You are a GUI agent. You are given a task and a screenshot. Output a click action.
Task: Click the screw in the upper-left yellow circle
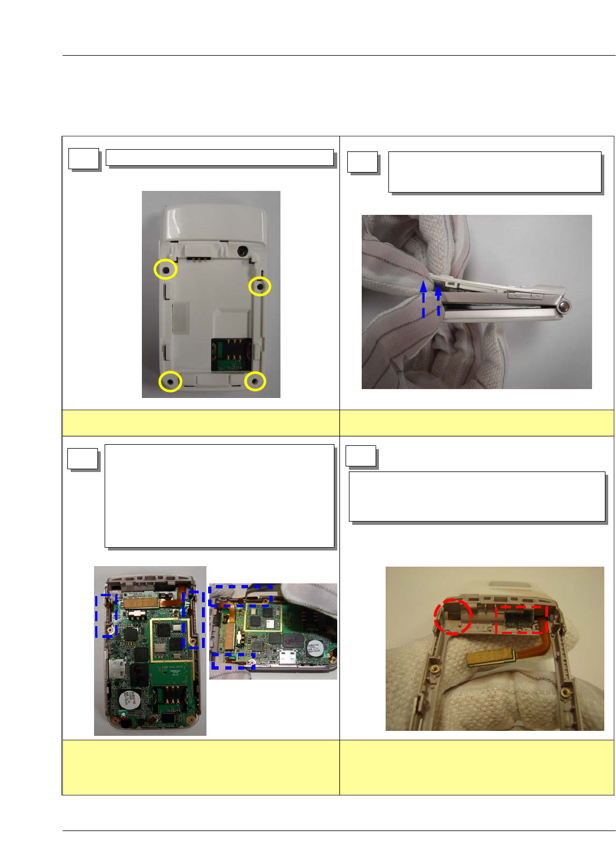coord(165,269)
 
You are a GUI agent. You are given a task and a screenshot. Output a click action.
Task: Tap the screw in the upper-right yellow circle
coord(259,286)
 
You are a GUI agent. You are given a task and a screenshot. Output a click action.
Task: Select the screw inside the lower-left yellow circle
coord(170,381)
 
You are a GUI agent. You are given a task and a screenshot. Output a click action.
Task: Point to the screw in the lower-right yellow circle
coord(255,381)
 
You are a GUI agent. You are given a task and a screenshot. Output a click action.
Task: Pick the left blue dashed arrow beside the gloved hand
coord(423,300)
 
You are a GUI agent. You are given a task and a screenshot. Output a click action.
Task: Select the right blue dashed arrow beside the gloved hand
coord(438,300)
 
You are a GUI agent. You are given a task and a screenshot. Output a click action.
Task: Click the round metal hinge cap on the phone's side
coord(564,306)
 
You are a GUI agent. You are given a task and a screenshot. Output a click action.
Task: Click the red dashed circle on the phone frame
coord(453,617)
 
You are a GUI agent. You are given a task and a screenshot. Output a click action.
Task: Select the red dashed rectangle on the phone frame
coord(521,620)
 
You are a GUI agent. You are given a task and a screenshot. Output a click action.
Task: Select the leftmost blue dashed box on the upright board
coord(106,616)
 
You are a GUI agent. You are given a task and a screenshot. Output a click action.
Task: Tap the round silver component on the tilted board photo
coord(313,649)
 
